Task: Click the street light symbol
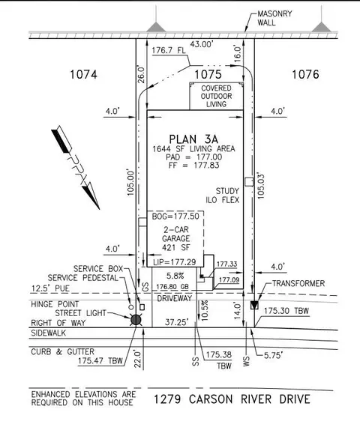click(x=136, y=320)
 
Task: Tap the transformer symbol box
click(x=254, y=305)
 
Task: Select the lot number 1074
click(x=83, y=74)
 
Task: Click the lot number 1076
click(x=305, y=74)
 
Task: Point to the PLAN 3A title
click(x=193, y=139)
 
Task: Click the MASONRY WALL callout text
click(x=274, y=18)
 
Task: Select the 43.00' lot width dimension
click(x=202, y=44)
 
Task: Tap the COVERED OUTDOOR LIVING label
click(x=217, y=96)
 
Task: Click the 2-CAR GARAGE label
click(x=176, y=234)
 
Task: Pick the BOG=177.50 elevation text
click(x=175, y=216)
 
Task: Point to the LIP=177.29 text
click(x=175, y=262)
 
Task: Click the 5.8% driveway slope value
click(x=175, y=276)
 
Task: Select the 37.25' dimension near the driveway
click(x=176, y=322)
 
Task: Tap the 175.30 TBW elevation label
click(x=286, y=311)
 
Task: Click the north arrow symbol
click(x=76, y=167)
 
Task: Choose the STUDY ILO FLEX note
click(x=223, y=196)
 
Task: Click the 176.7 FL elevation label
click(x=169, y=50)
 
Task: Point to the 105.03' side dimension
click(x=261, y=186)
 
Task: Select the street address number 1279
click(x=167, y=399)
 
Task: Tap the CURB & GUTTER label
click(x=62, y=351)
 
